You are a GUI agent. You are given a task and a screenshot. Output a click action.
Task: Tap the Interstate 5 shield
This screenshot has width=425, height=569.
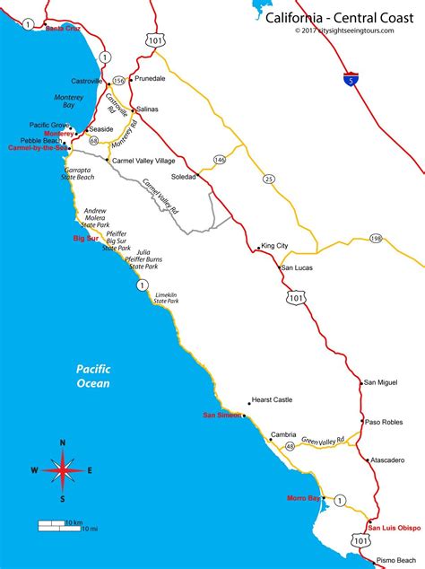350,80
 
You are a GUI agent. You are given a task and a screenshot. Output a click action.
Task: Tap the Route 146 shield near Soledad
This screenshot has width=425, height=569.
220,159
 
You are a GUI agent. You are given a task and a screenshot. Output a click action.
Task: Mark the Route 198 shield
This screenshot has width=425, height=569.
375,238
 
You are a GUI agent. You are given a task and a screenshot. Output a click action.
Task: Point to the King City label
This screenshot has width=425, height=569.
273,245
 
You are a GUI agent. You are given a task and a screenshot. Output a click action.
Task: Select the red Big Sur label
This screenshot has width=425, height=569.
85,240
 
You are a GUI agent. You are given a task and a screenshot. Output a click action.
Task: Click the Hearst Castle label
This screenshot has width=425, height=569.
273,401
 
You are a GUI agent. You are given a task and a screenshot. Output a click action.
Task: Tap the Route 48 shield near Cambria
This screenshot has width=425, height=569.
290,445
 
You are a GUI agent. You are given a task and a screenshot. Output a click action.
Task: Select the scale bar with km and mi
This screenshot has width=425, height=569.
68,525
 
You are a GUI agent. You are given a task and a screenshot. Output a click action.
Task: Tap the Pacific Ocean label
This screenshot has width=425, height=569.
92,376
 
